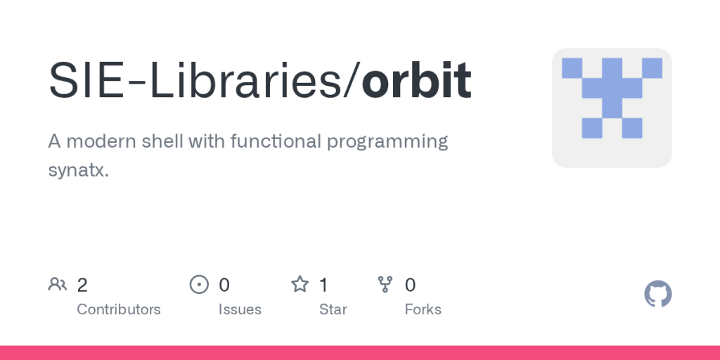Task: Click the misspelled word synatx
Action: point(78,171)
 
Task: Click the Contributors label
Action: point(118,309)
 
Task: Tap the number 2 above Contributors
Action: point(82,285)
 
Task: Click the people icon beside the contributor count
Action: point(58,284)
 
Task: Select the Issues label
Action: point(240,309)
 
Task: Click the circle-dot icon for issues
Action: point(200,284)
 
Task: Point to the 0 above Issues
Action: point(224,285)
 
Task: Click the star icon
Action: point(300,284)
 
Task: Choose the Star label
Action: point(333,309)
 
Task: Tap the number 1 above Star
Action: point(323,285)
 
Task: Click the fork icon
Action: point(385,284)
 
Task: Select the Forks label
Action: point(423,309)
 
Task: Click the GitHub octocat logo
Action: point(658,294)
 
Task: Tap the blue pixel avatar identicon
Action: point(612,108)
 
